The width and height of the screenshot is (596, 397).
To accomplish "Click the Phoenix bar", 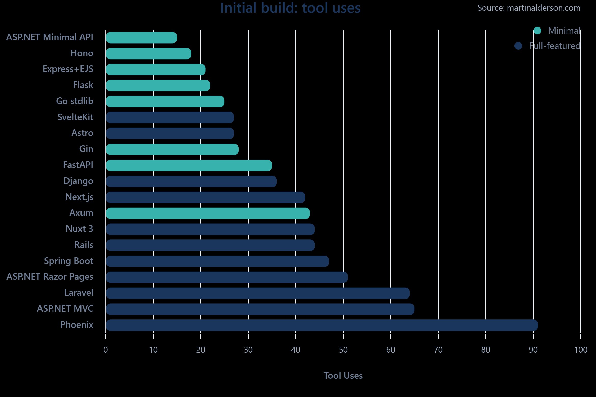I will tap(322, 325).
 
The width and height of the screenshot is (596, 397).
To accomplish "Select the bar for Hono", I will tap(148, 53).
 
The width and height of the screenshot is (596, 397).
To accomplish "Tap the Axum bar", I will tap(208, 213).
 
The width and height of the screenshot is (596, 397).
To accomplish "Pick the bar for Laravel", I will tap(258, 293).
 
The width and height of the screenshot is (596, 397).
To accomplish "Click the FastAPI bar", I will tap(189, 165).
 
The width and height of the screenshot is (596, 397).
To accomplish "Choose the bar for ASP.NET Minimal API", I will tap(141, 38).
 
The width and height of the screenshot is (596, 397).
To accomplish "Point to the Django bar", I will tap(191, 181).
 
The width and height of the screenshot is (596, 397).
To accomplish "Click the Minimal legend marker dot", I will tap(537, 31).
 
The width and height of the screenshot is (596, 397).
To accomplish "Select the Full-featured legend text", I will tap(554, 46).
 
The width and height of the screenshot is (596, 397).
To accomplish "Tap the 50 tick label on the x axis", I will tap(343, 350).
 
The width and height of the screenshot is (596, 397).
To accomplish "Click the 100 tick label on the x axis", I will tap(581, 350).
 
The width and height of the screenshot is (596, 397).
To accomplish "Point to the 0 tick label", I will tap(105, 350).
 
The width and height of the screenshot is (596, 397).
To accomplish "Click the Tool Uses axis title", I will tap(343, 376).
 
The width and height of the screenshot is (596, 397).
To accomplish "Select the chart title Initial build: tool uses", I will tap(290, 8).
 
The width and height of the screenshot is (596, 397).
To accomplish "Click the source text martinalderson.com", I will tap(529, 8).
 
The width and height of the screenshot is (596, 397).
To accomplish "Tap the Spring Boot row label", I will tap(69, 261).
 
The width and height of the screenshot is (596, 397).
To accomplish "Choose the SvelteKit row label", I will tap(75, 117).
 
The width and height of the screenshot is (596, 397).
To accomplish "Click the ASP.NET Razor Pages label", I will tap(50, 277).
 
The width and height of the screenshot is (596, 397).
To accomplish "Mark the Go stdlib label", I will tap(75, 101).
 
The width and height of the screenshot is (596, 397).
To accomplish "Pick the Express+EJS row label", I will tap(68, 69).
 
